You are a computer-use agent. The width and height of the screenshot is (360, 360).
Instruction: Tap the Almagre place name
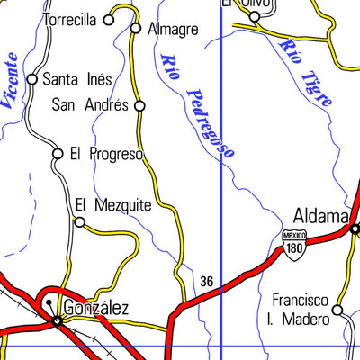(x=172, y=29)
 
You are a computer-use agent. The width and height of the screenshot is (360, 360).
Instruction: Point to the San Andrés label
(x=89, y=105)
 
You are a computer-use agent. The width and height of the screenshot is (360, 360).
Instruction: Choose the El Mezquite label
(x=112, y=204)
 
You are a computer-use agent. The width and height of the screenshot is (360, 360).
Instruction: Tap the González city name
(x=95, y=308)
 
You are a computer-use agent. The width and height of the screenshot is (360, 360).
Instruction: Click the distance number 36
(x=207, y=282)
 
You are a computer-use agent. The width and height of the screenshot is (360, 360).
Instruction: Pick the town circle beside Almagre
(x=136, y=28)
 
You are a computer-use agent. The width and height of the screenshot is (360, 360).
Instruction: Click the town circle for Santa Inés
(x=32, y=79)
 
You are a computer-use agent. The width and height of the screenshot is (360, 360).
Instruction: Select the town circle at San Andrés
(x=139, y=106)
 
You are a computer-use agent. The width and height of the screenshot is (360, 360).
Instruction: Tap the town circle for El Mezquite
(x=79, y=222)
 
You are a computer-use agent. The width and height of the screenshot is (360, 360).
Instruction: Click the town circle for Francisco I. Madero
(x=337, y=310)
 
